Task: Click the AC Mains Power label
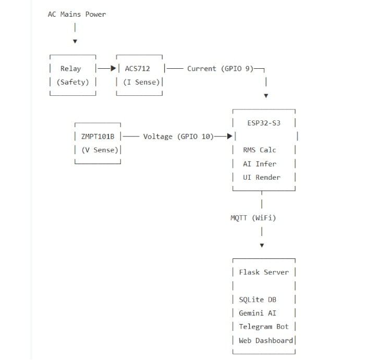[x=77, y=14]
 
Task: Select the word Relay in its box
[x=71, y=68]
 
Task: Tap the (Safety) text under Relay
[x=73, y=82]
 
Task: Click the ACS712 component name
[x=137, y=68]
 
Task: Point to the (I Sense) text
[x=141, y=82]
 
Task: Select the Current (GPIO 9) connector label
[x=220, y=68]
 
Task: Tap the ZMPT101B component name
[x=97, y=136]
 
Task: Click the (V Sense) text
[x=100, y=150]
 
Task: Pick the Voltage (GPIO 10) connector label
[x=178, y=136]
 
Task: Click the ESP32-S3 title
[x=264, y=123]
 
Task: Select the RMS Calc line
[x=260, y=150]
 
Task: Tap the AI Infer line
[x=260, y=164]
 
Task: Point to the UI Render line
[x=262, y=177]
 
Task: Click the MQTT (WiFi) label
[x=253, y=218]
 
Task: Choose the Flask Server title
[x=264, y=272]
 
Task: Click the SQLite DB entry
[x=258, y=300]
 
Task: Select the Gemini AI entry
[x=258, y=313]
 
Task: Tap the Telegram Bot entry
[x=264, y=327]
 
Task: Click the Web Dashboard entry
[x=266, y=340]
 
